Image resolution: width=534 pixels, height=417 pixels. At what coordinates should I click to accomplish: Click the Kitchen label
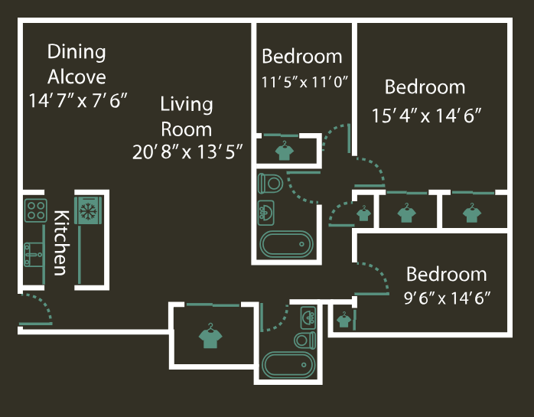coord(60,242)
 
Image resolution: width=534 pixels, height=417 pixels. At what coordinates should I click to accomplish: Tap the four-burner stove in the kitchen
coord(35,209)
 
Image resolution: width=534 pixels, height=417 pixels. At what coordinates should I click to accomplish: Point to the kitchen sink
coord(34,253)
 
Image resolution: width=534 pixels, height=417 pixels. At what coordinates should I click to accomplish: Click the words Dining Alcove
coord(77,64)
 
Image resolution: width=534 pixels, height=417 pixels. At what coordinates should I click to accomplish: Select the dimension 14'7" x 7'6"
coord(77,100)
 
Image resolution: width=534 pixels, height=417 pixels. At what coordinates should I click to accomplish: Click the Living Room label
coord(186,116)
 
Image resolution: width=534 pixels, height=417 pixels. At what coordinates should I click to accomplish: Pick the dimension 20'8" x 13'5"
coord(187,152)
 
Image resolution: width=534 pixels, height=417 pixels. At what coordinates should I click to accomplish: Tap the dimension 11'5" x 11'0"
coord(304,83)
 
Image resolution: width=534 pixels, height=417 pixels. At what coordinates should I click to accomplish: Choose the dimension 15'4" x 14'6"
coord(425,116)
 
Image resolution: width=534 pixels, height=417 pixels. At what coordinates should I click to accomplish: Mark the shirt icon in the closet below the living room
coord(208,337)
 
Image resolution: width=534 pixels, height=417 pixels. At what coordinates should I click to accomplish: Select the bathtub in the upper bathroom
coord(287,245)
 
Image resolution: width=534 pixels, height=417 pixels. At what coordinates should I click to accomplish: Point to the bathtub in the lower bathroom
coord(288,363)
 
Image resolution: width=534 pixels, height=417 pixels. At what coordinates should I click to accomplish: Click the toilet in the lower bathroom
coord(305,339)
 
